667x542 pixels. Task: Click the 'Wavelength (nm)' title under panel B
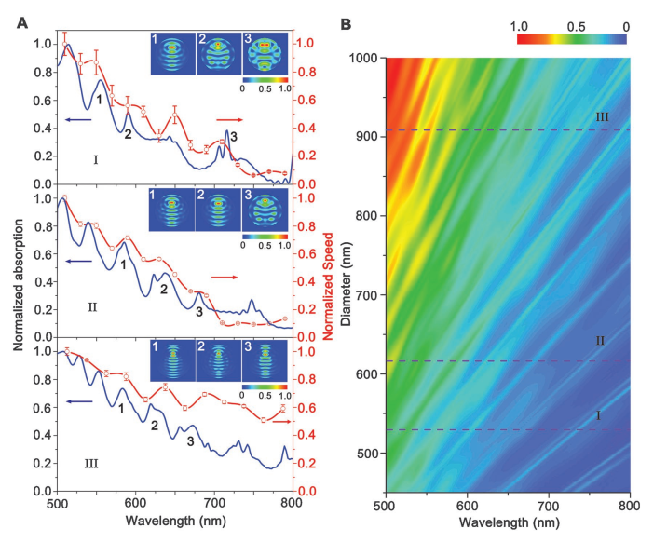tap(508, 525)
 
